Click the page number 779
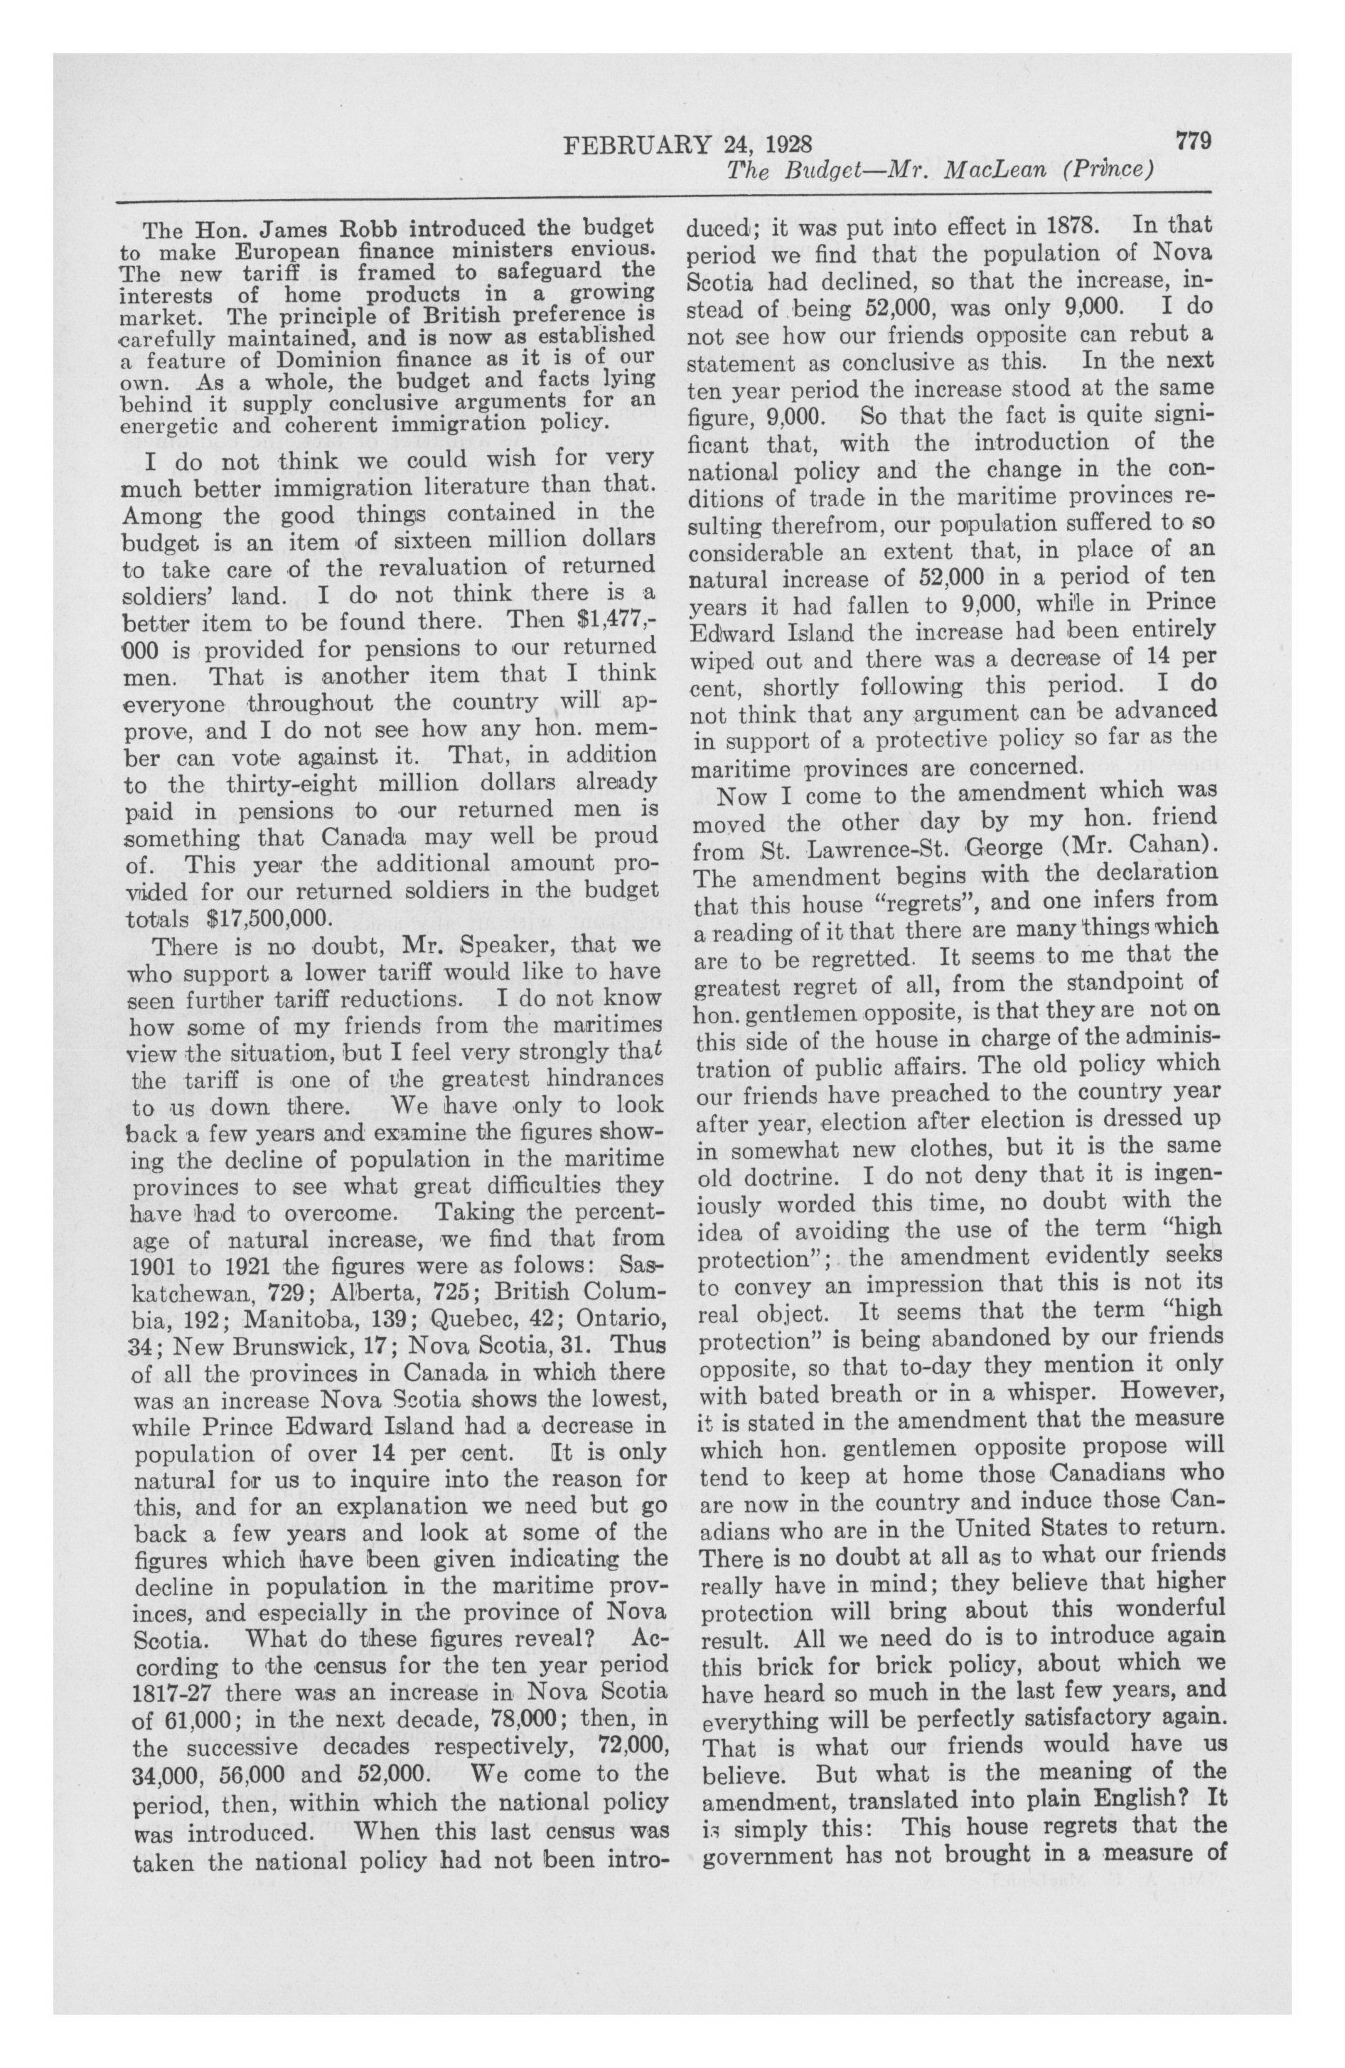pos(1193,141)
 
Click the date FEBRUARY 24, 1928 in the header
pos(687,144)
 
